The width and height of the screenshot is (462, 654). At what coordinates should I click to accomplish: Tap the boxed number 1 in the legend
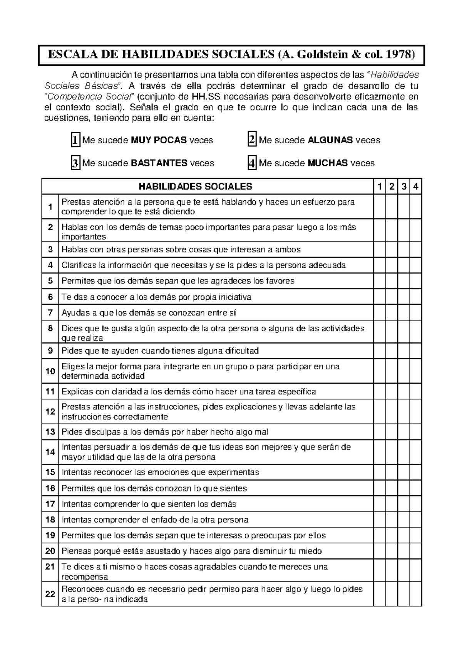(x=75, y=140)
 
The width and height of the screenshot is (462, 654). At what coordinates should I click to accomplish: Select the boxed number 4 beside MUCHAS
(x=252, y=163)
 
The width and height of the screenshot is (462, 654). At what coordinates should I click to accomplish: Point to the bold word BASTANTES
(x=159, y=163)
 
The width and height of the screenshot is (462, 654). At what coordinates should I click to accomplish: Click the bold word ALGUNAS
(x=331, y=140)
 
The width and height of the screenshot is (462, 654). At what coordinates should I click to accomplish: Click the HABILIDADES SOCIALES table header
(x=195, y=187)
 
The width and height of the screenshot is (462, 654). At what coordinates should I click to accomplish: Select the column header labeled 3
(x=403, y=187)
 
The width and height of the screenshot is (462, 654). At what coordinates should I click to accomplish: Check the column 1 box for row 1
(x=380, y=206)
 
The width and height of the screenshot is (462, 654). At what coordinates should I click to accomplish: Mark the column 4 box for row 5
(x=416, y=281)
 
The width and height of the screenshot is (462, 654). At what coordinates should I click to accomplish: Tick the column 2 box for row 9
(x=392, y=351)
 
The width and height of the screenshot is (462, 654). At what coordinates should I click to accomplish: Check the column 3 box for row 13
(x=403, y=432)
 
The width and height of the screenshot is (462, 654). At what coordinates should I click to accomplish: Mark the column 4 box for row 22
(x=416, y=594)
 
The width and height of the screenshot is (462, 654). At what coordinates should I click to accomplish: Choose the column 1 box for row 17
(x=380, y=504)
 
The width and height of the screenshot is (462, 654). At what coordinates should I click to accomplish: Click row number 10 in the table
(x=50, y=371)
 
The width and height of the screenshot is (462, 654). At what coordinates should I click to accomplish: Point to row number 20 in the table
(x=50, y=551)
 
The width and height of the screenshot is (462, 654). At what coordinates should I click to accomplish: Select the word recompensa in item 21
(x=85, y=577)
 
